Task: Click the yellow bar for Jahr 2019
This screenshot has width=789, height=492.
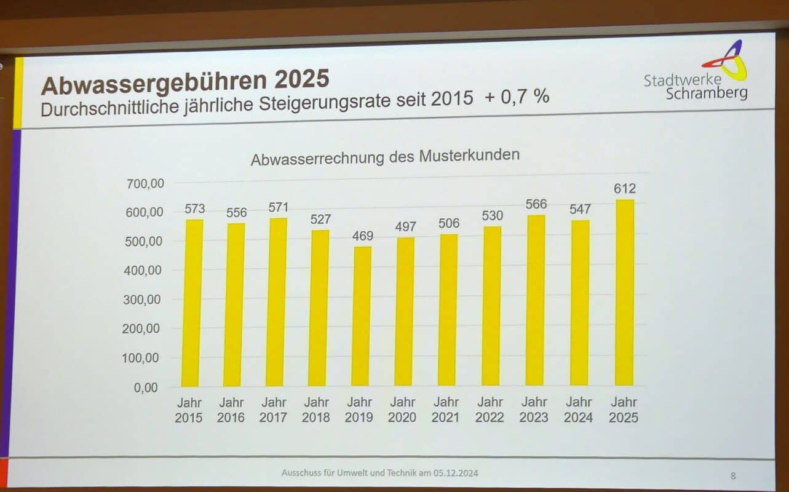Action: coord(362,316)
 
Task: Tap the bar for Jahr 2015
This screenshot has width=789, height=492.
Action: coord(192,303)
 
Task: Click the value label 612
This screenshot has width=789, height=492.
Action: coord(624,189)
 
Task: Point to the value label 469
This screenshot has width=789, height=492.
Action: coord(361,236)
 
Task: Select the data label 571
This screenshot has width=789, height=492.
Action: coord(278,207)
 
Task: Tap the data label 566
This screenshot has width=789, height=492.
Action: coord(536,204)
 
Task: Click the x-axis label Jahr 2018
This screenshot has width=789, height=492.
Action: coord(316,410)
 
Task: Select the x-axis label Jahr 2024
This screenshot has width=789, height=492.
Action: coord(579,410)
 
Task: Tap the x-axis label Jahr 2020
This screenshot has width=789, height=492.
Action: coord(402,410)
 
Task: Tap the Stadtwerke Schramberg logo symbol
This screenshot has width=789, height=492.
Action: coord(727,60)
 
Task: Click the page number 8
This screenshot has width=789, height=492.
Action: coord(733,475)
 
